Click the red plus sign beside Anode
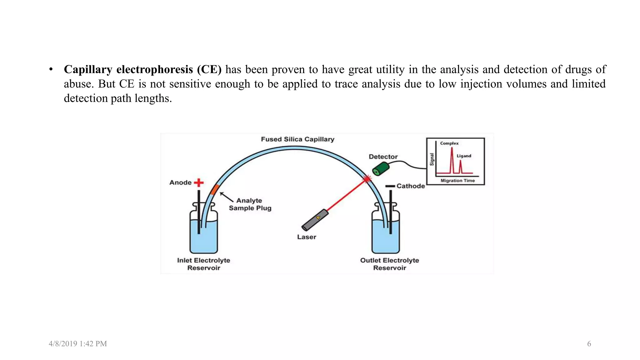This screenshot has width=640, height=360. click(x=199, y=182)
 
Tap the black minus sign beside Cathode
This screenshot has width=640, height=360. click(x=390, y=186)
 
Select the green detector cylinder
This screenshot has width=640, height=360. click(x=381, y=169)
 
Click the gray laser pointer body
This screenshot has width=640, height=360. click(x=315, y=220)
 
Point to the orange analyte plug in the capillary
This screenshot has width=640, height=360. click(x=215, y=189)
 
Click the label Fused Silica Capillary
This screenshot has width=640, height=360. click(x=297, y=139)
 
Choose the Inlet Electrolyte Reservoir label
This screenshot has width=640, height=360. click(x=203, y=264)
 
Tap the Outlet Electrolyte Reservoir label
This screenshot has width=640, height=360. click(x=389, y=264)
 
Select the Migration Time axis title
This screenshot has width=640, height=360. click(x=457, y=181)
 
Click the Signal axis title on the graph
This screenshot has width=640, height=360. click(x=432, y=159)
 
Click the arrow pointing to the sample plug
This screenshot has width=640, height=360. click(x=227, y=197)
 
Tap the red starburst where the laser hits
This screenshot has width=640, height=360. click(x=367, y=179)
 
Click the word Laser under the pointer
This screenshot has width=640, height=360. click(x=307, y=237)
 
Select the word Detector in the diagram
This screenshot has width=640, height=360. click(x=383, y=157)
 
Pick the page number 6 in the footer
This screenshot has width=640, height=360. click(x=589, y=344)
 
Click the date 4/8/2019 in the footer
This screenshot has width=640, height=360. click(x=63, y=344)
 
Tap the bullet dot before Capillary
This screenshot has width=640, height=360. click(x=51, y=69)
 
